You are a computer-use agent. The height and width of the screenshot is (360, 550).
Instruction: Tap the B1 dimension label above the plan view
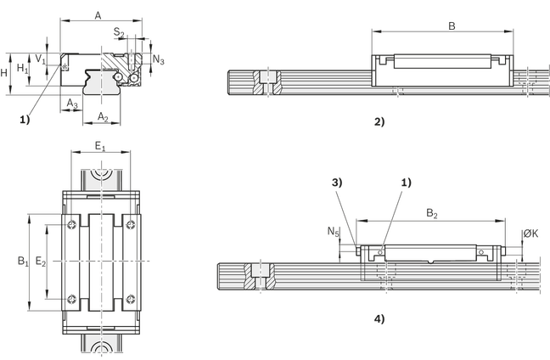100,145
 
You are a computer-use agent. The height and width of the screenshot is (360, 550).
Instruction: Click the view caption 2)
380,121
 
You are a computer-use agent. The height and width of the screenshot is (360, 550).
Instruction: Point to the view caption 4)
380,319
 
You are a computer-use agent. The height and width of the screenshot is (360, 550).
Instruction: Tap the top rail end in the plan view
100,178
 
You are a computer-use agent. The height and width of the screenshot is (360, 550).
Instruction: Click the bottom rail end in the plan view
100,346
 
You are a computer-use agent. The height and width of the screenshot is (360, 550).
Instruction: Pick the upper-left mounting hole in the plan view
72,223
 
